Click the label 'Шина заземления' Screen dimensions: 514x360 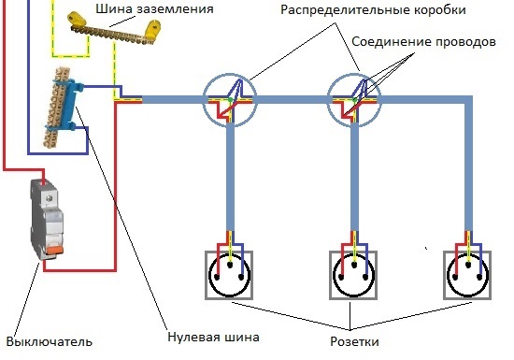tap(154, 8)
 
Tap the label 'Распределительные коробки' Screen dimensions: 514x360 tap(373, 10)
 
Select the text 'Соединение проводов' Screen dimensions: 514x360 tap(423, 42)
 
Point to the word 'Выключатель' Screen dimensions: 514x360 tap(50, 342)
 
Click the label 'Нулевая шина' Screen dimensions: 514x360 tap(213, 337)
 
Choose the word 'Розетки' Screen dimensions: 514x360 tap(354, 341)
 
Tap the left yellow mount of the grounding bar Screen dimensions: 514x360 tap(77, 20)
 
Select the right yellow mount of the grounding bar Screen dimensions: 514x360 tap(152, 29)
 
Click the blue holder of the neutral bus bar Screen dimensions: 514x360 tap(74, 104)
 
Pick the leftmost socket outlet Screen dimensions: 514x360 tap(229, 275)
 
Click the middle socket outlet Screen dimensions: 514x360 tap(353, 275)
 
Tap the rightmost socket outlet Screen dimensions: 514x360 tap(467, 275)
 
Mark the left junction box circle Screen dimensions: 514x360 tap(204, 100)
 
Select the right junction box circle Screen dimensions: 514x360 tap(328, 100)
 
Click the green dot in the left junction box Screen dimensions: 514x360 tap(231, 99)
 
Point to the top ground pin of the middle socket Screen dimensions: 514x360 tap(353, 265)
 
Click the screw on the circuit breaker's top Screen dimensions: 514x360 tap(50, 198)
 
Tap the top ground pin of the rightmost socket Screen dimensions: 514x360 tap(468, 265)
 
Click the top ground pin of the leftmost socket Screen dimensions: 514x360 tap(230, 265)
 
